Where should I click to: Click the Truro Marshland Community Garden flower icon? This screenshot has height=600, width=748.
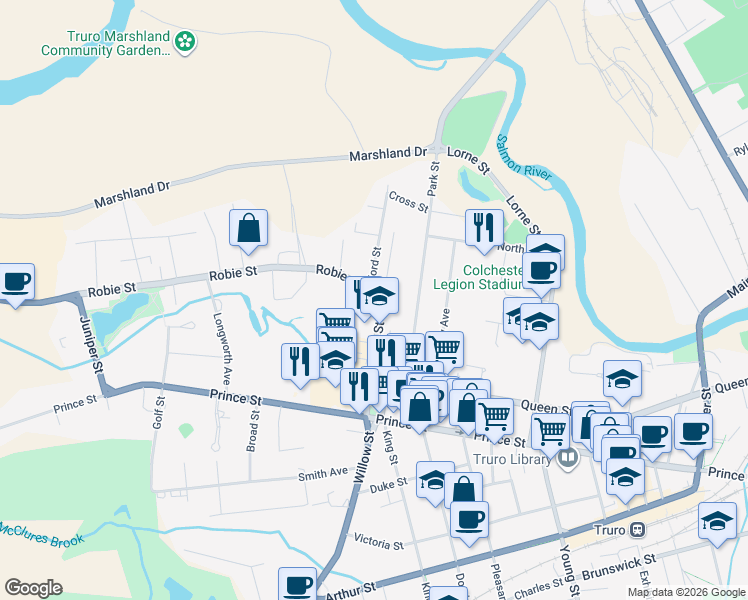[184, 41]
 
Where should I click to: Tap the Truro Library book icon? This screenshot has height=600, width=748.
[568, 459]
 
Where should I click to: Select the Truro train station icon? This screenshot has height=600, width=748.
[637, 529]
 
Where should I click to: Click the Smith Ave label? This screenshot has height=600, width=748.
[323, 473]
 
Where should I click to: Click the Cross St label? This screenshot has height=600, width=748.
[408, 203]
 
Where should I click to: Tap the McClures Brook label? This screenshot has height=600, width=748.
[39, 534]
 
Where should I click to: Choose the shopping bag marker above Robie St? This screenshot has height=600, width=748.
[248, 228]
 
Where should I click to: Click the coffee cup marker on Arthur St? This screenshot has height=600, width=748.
[298, 584]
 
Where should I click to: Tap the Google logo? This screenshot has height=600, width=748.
[33, 588]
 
